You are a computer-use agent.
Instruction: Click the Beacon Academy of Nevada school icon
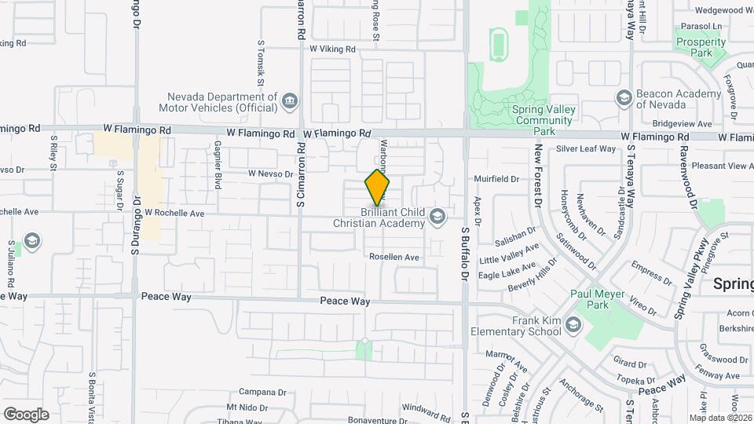624,97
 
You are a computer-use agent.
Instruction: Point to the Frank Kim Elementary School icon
573,324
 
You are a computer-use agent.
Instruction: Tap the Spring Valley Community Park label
543,115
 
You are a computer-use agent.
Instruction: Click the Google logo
26,414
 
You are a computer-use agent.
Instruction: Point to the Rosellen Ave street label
394,257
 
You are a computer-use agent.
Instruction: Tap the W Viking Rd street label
332,49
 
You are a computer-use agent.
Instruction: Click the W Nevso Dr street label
270,174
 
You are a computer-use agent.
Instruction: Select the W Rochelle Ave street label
175,213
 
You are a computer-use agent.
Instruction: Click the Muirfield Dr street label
496,179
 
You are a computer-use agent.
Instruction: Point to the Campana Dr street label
262,392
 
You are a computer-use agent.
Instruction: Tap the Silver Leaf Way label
586,148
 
